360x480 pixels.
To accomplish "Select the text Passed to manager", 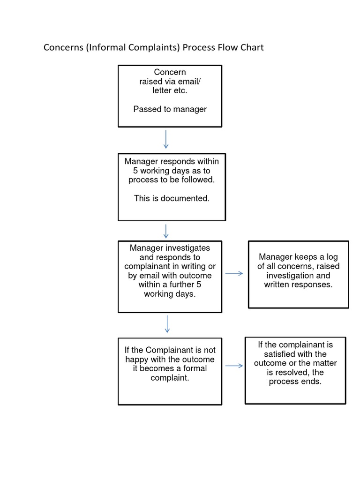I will [x=170, y=109].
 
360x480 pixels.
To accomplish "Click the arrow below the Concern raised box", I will [x=166, y=139].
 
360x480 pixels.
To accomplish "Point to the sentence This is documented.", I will [x=172, y=198].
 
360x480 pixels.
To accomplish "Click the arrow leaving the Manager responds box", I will [x=166, y=231].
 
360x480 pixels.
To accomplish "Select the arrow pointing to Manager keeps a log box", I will [x=234, y=273].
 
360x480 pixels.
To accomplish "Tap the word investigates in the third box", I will [x=186, y=248].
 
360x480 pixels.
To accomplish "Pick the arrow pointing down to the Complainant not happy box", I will [x=167, y=324].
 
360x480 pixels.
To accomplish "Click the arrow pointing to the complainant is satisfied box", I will [x=234, y=366].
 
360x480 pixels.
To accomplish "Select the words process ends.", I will [x=295, y=382].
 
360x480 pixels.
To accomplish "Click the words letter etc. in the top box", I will [x=170, y=90].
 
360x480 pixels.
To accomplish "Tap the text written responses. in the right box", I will [x=298, y=285].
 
